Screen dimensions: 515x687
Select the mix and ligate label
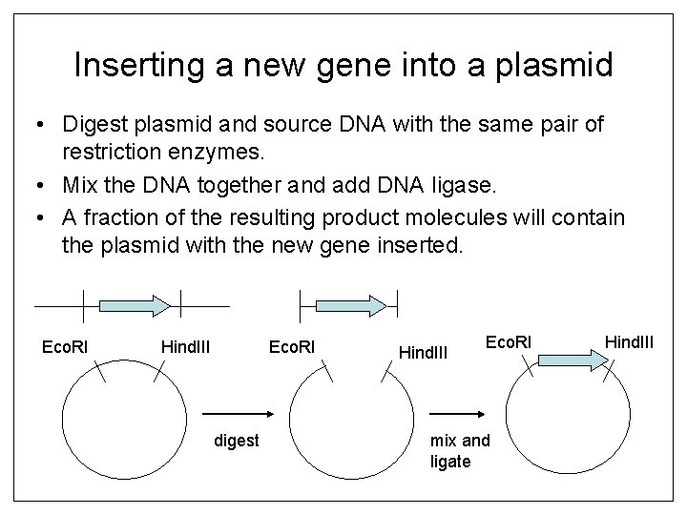point(460,451)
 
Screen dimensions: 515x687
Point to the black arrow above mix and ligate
point(462,414)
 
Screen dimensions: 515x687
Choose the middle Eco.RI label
point(292,344)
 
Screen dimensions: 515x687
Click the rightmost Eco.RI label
point(510,340)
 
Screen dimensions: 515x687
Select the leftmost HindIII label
point(186,344)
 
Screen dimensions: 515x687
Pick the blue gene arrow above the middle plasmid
point(349,303)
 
